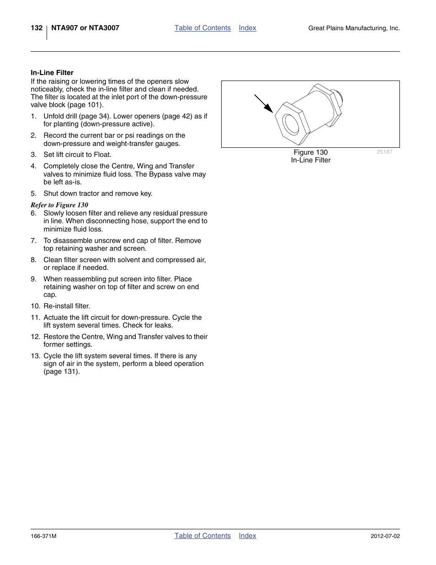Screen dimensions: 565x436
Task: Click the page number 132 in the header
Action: point(37,28)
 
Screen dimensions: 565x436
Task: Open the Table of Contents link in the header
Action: point(202,28)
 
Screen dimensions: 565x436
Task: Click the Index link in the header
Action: point(247,28)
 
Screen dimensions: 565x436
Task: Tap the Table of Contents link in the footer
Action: point(202,536)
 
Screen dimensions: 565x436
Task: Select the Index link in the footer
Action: point(247,536)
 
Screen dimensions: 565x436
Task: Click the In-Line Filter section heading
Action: point(52,73)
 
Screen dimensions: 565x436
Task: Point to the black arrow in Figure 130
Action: point(264,104)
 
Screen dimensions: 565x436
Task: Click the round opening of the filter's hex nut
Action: point(290,124)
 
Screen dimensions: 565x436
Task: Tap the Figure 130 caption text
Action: point(311,152)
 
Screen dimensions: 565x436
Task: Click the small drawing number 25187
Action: point(384,152)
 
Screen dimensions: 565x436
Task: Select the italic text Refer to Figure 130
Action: point(59,205)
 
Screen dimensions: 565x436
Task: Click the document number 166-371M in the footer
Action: point(43,536)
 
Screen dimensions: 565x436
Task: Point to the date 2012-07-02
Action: point(385,536)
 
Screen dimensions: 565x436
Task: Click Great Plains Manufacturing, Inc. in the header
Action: point(354,28)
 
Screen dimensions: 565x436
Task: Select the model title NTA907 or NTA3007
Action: point(85,28)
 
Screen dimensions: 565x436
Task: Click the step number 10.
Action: point(35,306)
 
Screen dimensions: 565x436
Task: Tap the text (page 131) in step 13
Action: point(61,371)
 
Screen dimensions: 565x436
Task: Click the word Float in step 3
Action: point(102,155)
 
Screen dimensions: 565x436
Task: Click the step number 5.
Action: point(33,194)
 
